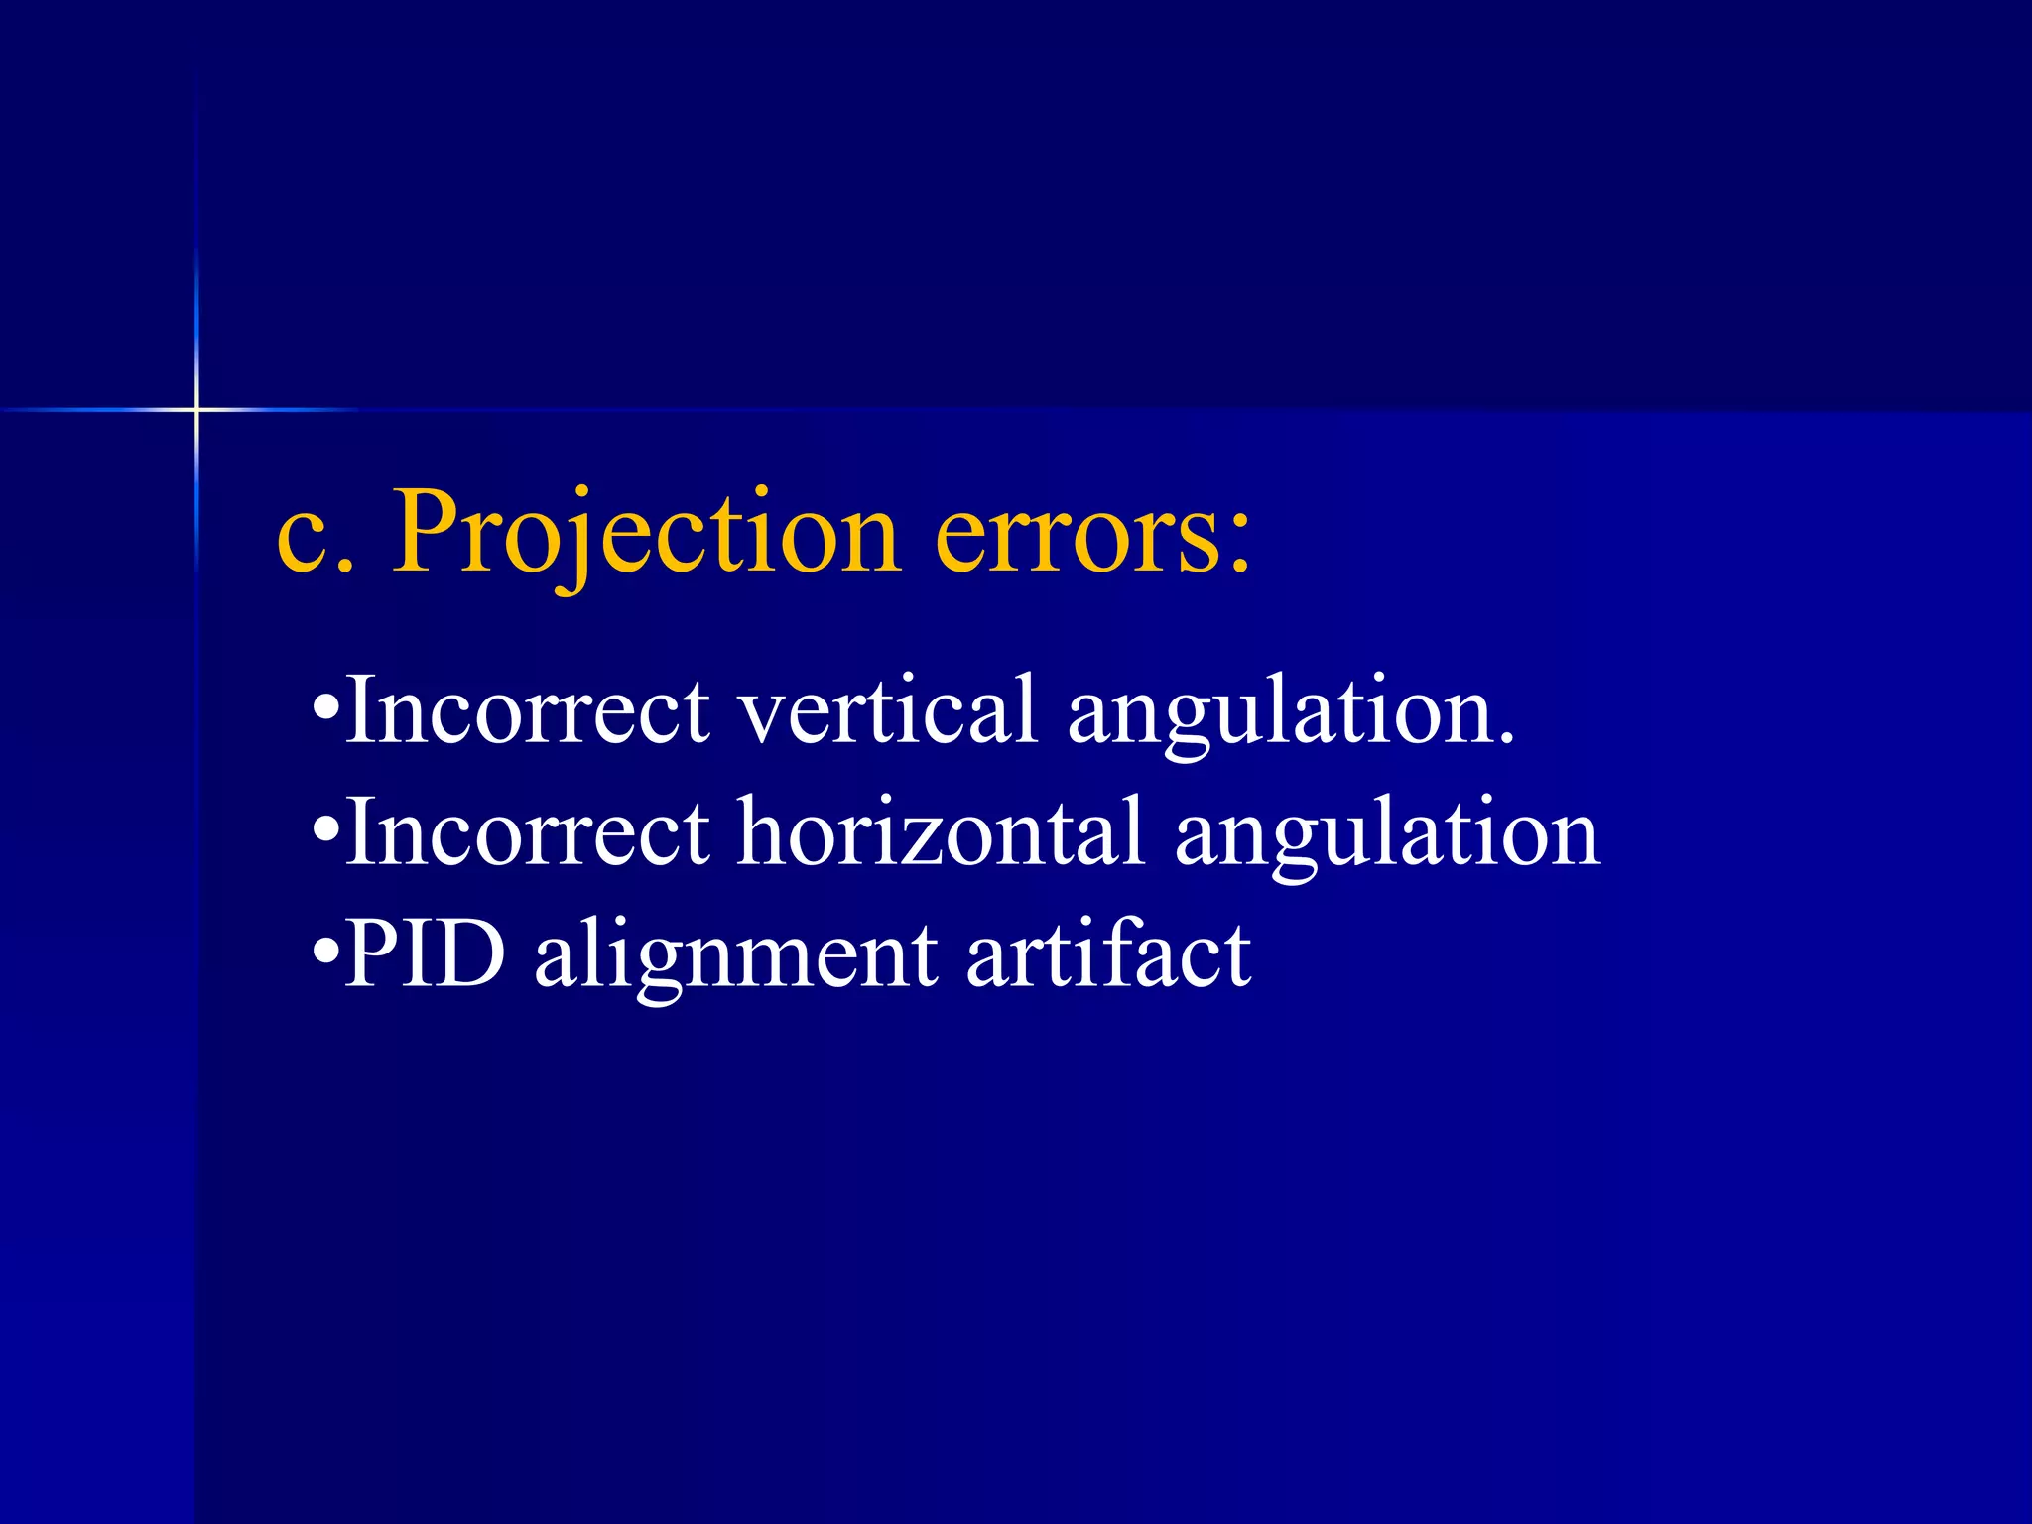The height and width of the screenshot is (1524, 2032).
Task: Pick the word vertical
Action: point(888,708)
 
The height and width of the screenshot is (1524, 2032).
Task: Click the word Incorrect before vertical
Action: point(528,708)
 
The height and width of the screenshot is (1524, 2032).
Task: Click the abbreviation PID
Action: point(425,953)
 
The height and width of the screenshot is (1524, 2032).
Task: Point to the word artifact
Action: point(1108,953)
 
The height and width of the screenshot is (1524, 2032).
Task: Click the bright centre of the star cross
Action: point(196,409)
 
